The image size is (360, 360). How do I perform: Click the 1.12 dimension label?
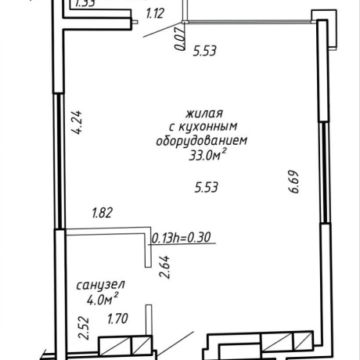[155, 13]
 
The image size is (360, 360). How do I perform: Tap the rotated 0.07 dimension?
[180, 39]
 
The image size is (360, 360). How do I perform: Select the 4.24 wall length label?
[77, 123]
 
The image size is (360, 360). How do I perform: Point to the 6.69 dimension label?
[293, 182]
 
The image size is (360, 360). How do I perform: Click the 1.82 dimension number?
[103, 213]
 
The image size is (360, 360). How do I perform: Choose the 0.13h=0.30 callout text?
[182, 238]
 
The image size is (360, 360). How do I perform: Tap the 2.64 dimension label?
[165, 267]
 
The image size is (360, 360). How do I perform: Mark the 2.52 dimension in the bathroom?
[85, 328]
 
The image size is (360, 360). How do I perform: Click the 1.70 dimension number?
[118, 319]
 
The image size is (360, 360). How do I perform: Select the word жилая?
[204, 113]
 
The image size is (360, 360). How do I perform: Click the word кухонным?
[208, 127]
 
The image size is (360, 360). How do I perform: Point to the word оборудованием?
[202, 141]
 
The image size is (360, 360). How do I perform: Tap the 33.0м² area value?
[207, 155]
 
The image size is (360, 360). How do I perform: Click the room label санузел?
[101, 285]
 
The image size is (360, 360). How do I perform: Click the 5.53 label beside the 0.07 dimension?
[205, 51]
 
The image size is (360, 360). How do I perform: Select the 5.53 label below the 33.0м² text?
[207, 187]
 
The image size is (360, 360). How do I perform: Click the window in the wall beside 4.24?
[60, 161]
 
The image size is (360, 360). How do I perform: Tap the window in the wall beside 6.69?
[324, 172]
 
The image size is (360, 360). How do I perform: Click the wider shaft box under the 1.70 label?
[114, 346]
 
